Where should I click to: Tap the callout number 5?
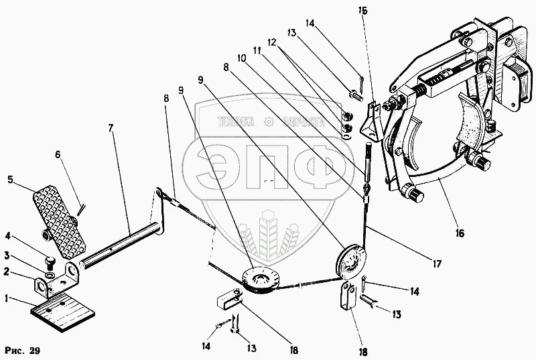[10, 180]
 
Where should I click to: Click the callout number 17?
[437, 263]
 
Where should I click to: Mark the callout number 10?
[242, 59]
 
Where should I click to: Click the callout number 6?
[58, 154]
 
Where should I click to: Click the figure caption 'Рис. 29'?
[23, 351]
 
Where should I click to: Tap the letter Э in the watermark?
[212, 165]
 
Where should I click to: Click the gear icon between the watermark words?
[269, 122]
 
